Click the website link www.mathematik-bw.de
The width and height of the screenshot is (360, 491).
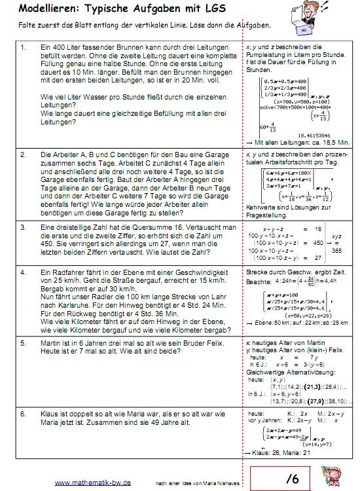92,482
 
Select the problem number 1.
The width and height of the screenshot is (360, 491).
24,48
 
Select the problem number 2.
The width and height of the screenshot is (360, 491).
24,155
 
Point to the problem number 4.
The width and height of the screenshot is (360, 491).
24,271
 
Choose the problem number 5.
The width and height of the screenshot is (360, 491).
24,342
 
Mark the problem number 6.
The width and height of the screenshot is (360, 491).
24,414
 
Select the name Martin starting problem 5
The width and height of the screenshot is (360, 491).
52,342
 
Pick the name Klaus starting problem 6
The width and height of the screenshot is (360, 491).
51,414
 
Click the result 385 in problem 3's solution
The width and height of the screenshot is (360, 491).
339,251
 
